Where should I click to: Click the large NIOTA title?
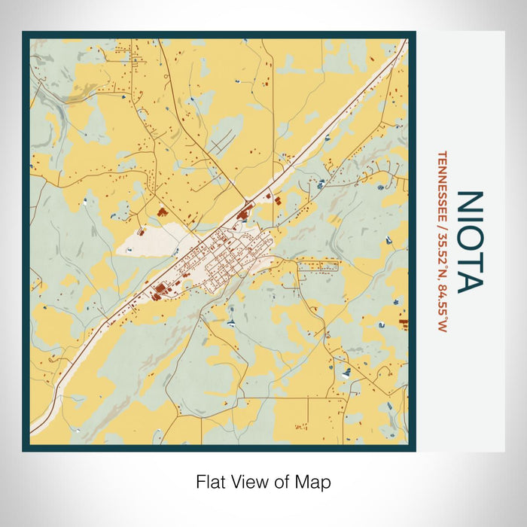pos(470,241)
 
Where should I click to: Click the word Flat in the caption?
pos(210,482)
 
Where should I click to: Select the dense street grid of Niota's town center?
pos(225,257)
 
